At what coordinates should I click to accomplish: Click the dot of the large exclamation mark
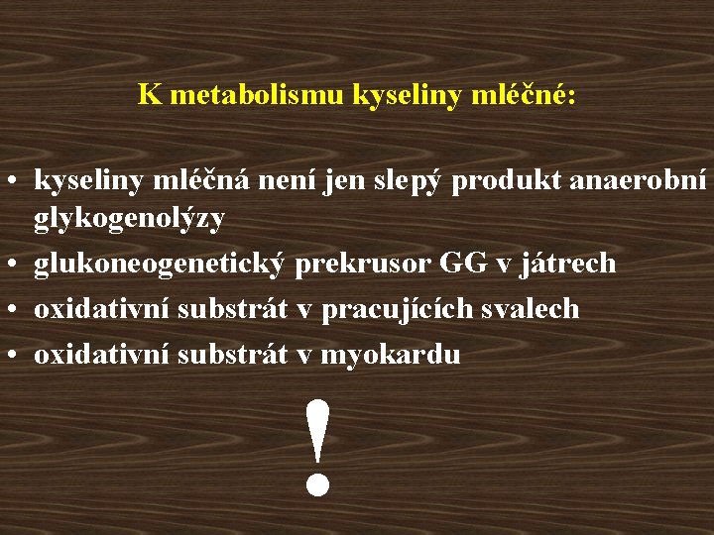pyautogui.click(x=317, y=483)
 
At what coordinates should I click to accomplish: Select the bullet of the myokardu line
pyautogui.click(x=16, y=356)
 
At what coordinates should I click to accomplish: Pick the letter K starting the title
pyautogui.click(x=150, y=94)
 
